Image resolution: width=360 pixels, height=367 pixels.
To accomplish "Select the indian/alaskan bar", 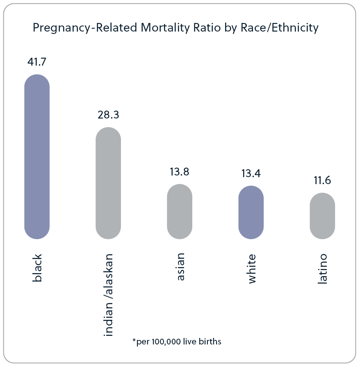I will [108, 183].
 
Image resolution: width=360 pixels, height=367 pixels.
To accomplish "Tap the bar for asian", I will [180, 212].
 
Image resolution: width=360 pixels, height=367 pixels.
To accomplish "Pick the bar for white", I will [251, 212].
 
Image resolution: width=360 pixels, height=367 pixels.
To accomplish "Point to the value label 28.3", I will [108, 115].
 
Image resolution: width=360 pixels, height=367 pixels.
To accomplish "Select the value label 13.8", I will [180, 172].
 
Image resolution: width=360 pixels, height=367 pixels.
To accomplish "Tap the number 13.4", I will [251, 173].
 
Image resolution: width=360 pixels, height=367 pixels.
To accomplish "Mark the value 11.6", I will [322, 180].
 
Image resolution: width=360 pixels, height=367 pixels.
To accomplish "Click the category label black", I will [37, 269].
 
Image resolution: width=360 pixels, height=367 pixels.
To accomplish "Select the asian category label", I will [180, 267].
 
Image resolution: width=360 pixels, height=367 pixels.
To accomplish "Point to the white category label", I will [252, 269].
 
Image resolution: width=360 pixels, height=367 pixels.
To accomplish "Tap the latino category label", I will [323, 269].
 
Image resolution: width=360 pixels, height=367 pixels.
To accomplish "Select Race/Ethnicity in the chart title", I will [277, 28].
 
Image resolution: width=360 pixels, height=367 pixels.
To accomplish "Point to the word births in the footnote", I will [210, 342].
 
